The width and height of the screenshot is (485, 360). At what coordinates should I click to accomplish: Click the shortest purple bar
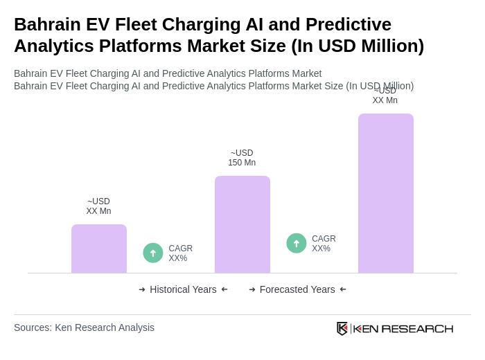tap(99, 249)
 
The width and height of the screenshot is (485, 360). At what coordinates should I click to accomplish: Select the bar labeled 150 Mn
tap(242, 224)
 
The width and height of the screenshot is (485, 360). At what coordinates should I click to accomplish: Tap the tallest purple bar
tap(386, 193)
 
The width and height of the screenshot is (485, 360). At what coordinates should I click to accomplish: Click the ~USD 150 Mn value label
tap(242, 158)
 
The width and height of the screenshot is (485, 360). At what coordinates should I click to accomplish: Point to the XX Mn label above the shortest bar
tap(98, 206)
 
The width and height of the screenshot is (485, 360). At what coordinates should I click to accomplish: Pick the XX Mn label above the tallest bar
tap(385, 96)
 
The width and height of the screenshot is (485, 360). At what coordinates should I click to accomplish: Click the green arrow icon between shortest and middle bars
tap(153, 253)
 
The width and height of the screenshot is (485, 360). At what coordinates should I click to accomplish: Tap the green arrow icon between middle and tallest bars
tap(297, 243)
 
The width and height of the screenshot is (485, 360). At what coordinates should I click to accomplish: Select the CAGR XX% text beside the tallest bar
tap(324, 244)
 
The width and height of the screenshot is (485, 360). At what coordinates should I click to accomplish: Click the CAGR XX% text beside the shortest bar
tap(180, 253)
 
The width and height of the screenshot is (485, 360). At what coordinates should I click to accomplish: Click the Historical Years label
tap(183, 289)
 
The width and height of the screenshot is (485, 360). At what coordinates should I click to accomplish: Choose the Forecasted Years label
tap(297, 289)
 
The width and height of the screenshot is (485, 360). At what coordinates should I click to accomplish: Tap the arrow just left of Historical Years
tap(142, 289)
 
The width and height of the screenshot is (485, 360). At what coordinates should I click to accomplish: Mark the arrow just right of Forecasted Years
tap(343, 289)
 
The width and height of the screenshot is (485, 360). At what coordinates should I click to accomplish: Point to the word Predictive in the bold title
tap(349, 24)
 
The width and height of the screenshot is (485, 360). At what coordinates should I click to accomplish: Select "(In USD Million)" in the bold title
tap(358, 46)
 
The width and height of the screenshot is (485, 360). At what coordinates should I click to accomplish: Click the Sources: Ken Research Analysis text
tap(84, 327)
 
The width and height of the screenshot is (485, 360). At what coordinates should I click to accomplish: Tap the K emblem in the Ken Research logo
tap(342, 328)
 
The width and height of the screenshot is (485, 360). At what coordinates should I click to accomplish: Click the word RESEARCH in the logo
tap(417, 328)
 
